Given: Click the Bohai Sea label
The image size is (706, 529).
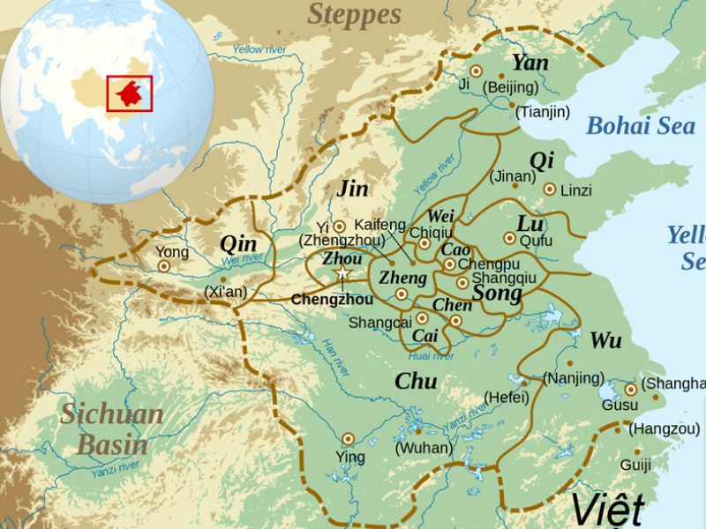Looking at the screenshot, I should tap(640, 125).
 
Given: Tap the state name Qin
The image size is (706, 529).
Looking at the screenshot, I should tap(238, 242).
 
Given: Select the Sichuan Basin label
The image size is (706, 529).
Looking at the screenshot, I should tap(112, 428).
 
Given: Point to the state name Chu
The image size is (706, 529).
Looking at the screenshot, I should tap(416, 381).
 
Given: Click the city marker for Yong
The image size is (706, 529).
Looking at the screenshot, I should tap(163, 265).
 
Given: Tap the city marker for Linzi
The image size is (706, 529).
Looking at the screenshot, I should tap(549, 189).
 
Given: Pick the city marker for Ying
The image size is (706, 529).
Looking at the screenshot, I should tap(348, 438).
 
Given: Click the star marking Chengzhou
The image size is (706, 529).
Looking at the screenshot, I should tap(342, 276).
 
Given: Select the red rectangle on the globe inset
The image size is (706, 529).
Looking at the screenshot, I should tap(129, 93).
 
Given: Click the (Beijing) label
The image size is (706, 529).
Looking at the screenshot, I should tap(510, 87).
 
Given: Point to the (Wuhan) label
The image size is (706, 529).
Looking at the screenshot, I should tap(424, 447).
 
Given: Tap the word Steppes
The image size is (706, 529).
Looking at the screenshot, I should tap(354, 14).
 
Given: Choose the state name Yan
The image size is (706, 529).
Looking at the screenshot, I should tap(529, 63).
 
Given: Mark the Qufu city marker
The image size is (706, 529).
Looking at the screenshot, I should tap(509, 238).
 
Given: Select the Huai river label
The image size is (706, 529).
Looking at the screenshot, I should tap(432, 356).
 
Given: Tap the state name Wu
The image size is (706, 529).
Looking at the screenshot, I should tap(605, 339).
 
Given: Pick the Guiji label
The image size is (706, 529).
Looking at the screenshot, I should tap(635, 465).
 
